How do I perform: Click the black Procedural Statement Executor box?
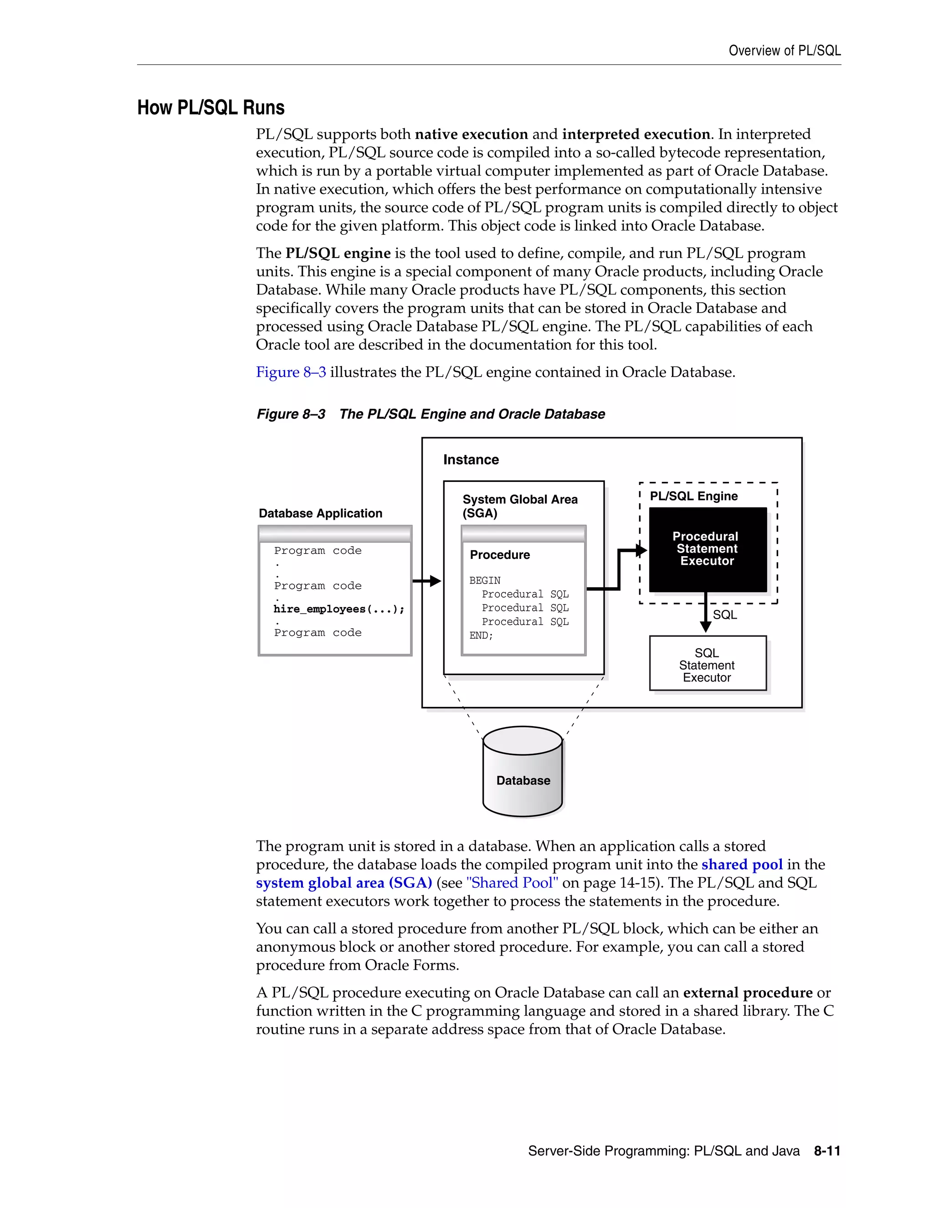[707, 549]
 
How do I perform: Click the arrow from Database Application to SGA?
[427, 581]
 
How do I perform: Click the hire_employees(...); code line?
[339, 609]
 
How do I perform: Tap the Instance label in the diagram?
[471, 459]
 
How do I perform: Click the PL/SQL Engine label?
[694, 496]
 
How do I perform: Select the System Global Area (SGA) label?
[519, 506]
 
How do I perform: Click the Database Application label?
[321, 513]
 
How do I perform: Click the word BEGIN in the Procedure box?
[485, 580]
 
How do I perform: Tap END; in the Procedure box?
[481, 635]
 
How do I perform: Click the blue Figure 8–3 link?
[291, 372]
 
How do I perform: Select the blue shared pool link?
[742, 864]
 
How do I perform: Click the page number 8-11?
[827, 1151]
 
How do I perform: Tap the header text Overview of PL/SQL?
[784, 51]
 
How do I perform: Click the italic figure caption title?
[472, 414]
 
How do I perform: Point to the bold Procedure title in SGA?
[500, 555]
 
